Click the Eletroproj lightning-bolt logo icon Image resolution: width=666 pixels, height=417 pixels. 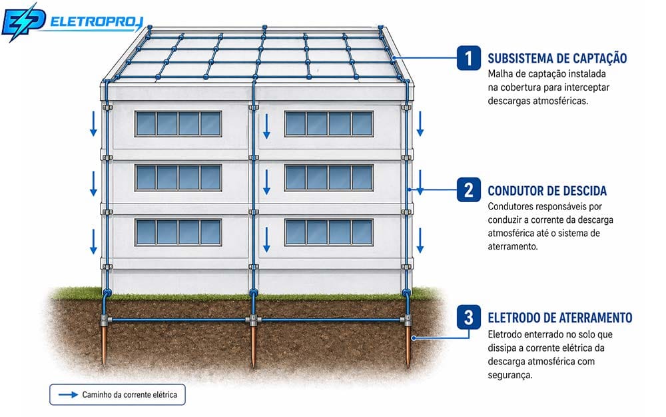23,22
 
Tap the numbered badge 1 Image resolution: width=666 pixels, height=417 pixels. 469,58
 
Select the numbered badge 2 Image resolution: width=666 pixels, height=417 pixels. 469,189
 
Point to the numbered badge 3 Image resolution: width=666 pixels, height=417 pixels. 469,317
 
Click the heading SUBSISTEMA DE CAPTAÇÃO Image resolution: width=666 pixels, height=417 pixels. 557,58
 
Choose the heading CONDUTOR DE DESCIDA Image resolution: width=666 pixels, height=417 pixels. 547,191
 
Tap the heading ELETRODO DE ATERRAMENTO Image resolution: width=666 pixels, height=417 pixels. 560,318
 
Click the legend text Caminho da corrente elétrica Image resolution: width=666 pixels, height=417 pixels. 130,395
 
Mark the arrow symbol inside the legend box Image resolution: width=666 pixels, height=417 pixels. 68,395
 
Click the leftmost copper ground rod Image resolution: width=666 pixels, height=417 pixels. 104,342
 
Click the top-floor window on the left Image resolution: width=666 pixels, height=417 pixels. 178,124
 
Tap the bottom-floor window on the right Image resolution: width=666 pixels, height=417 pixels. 329,232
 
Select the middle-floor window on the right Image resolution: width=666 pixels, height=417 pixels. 329,178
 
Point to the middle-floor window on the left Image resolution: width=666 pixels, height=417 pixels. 178,178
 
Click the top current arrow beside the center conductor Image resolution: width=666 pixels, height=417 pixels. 267,126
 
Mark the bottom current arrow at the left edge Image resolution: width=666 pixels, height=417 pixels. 93,242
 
